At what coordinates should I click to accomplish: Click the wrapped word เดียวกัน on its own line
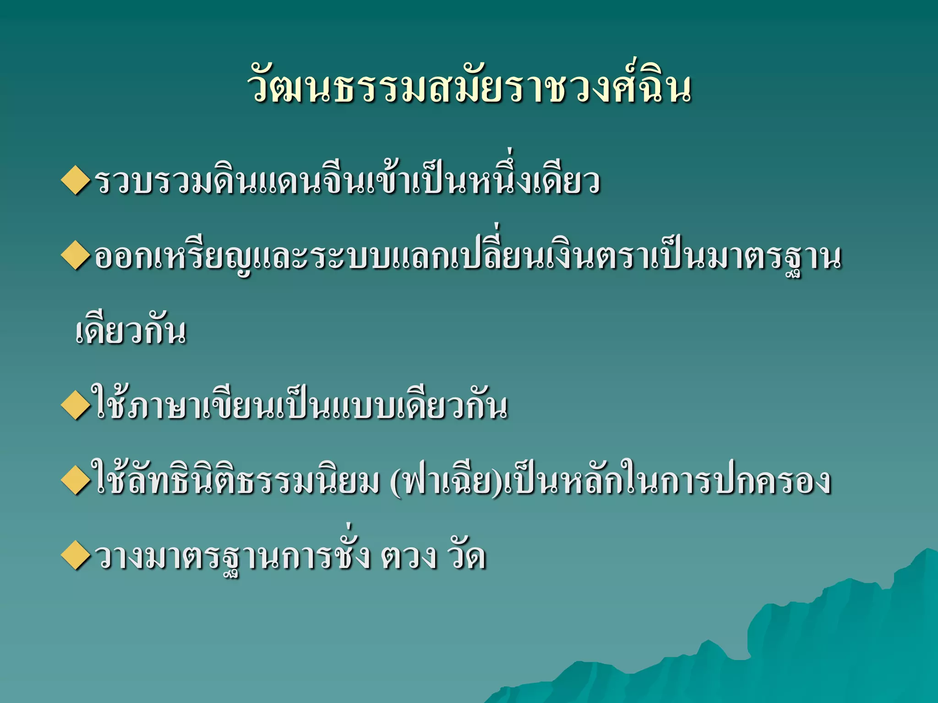(131, 332)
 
